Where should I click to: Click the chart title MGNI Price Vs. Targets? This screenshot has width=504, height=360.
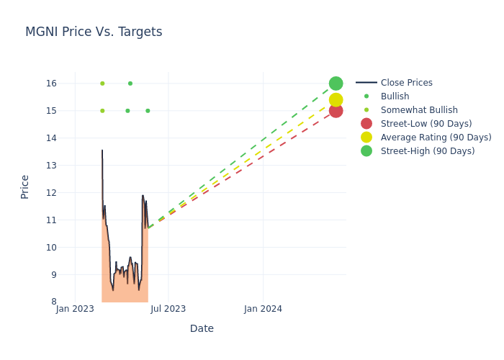tap(94, 32)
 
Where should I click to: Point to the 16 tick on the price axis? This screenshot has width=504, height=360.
tap(51, 84)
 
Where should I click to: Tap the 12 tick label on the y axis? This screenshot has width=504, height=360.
tap(51, 193)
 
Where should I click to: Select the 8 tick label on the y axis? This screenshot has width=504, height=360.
tap(53, 302)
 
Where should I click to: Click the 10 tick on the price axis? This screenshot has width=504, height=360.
tap(51, 248)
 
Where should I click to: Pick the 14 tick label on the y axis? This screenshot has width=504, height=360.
tap(51, 138)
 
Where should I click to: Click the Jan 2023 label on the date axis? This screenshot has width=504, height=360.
tap(75, 309)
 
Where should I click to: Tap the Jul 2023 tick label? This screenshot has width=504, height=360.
tap(168, 309)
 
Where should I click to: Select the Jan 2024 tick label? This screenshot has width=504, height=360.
tap(263, 309)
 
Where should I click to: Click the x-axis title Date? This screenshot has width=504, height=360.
tap(202, 328)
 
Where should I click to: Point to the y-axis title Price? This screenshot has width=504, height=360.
tap(25, 186)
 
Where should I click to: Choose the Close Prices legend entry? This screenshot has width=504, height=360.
tap(406, 83)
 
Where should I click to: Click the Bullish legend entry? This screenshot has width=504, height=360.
tap(395, 96)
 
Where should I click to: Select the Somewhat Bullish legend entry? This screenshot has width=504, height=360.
tap(419, 110)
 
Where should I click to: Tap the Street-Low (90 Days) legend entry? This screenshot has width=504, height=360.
tap(426, 124)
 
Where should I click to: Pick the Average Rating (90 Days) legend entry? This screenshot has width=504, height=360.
tap(436, 138)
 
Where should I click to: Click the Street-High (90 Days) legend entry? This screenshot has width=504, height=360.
tap(428, 151)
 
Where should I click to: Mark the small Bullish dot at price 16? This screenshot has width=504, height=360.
tap(130, 84)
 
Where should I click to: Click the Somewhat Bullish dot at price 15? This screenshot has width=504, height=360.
tap(102, 111)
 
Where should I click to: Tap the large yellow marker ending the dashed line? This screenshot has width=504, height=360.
tap(336, 100)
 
